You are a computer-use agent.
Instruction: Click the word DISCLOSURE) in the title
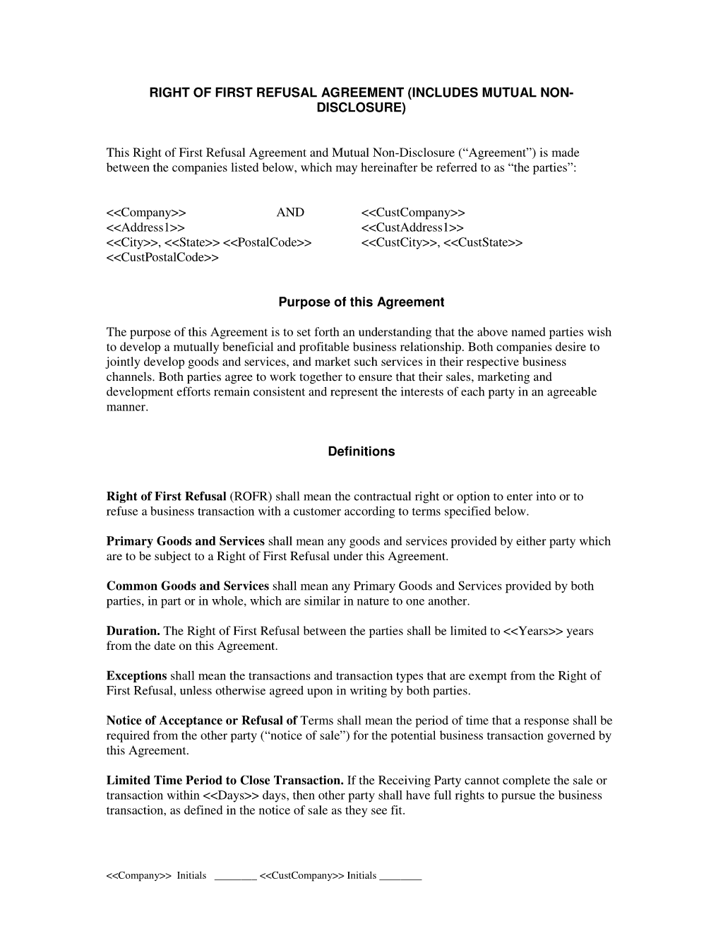(361, 108)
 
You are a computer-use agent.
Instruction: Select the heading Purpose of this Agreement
(361, 302)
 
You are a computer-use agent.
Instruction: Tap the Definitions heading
(361, 451)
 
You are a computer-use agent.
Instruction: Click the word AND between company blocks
(290, 213)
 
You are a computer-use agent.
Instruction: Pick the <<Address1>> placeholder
(145, 227)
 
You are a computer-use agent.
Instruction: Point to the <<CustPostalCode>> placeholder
(162, 258)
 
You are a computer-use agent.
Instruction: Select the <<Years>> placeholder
(533, 631)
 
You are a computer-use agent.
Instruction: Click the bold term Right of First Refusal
(166, 497)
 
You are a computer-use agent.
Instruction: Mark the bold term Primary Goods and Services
(185, 541)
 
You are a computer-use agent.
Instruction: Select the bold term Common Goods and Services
(187, 586)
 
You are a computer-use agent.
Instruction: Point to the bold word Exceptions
(136, 676)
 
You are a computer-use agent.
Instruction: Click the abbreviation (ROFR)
(251, 497)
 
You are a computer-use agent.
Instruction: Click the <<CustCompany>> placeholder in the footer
(301, 876)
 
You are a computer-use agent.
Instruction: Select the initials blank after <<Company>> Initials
(235, 877)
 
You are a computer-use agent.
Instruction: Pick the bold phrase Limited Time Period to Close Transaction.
(225, 781)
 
